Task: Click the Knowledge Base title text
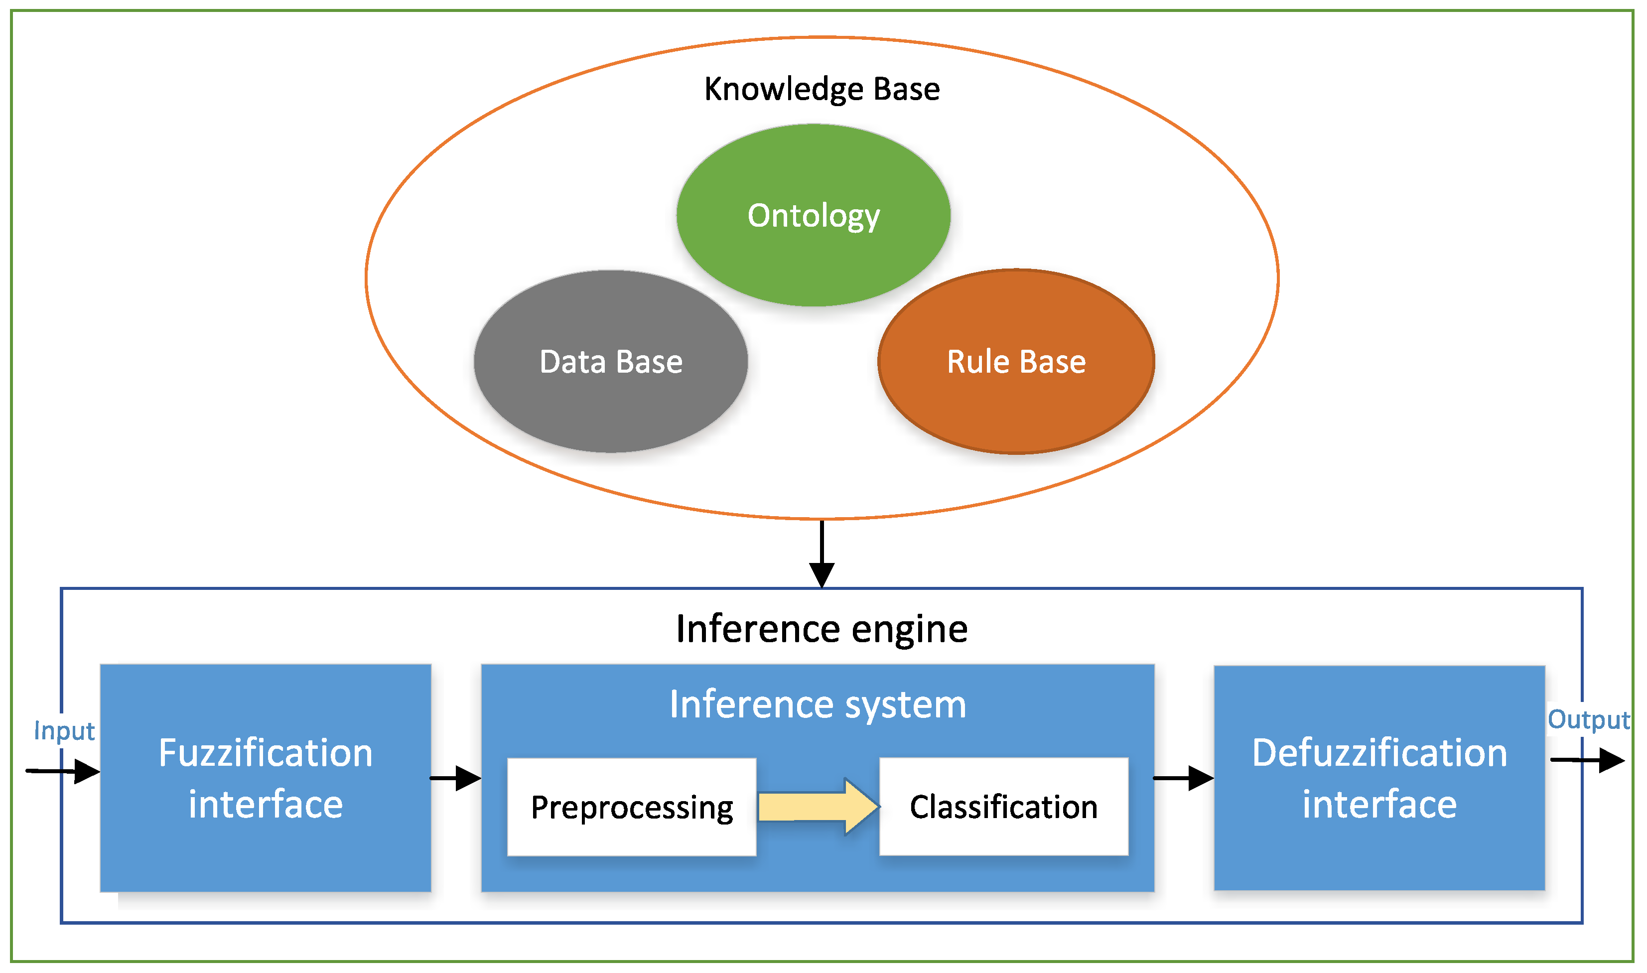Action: click(x=822, y=89)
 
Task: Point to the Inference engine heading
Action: click(x=822, y=629)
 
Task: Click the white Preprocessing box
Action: click(x=631, y=807)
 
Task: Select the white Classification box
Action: click(x=1003, y=807)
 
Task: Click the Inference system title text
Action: click(x=818, y=705)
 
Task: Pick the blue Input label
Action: click(x=64, y=730)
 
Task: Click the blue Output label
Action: click(x=1588, y=719)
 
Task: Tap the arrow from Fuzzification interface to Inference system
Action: click(x=456, y=778)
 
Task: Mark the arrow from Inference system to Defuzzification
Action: click(x=1184, y=778)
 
